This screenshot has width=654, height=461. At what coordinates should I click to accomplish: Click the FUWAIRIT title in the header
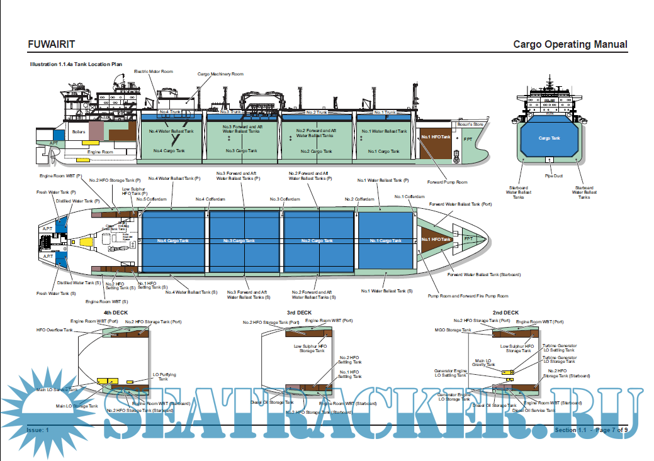click(52, 45)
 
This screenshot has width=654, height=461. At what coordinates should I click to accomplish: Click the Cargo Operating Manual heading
click(570, 45)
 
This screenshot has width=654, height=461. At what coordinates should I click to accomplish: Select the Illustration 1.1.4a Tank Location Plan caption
click(76, 64)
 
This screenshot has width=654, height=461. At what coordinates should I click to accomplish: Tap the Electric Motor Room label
click(153, 72)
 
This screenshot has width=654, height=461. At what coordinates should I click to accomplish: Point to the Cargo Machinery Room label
click(220, 74)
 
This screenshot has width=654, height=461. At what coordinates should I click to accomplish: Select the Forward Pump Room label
click(448, 182)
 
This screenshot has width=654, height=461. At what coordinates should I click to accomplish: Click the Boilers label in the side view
click(79, 132)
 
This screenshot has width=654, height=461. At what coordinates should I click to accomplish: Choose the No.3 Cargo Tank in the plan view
click(241, 241)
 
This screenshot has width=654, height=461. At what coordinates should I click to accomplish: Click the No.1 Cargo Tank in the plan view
click(383, 241)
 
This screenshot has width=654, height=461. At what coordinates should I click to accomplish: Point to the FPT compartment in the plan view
click(468, 239)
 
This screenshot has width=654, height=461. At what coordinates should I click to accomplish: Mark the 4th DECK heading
click(115, 313)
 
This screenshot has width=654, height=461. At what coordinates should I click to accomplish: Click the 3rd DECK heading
click(300, 313)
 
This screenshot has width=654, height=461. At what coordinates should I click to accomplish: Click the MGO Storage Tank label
click(453, 330)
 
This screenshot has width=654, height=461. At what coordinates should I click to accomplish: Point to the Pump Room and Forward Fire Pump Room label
click(468, 296)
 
